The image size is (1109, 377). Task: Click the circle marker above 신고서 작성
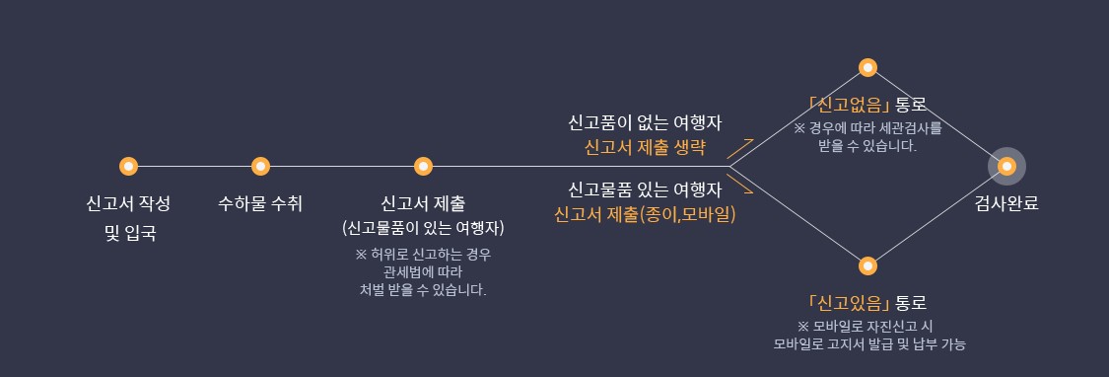(x=127, y=166)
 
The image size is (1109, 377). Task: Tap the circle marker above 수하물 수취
(x=260, y=166)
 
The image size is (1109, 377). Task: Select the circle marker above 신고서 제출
(x=423, y=166)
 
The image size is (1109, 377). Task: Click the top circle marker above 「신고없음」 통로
(x=867, y=67)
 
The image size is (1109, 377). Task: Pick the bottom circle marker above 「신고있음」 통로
(x=867, y=265)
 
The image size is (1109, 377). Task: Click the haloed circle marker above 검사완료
(x=1006, y=166)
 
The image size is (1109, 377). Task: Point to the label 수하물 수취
(x=260, y=204)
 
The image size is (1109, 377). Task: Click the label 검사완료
(x=1006, y=204)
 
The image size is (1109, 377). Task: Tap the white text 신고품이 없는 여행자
(x=646, y=124)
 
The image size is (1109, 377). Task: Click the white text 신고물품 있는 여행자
(x=646, y=188)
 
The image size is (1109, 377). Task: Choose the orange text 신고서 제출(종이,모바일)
(x=646, y=212)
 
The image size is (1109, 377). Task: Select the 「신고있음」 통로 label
(x=867, y=302)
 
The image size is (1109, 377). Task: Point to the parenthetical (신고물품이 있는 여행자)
(x=423, y=228)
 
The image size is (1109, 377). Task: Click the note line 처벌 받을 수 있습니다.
(x=423, y=290)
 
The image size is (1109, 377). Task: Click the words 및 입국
(x=129, y=234)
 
